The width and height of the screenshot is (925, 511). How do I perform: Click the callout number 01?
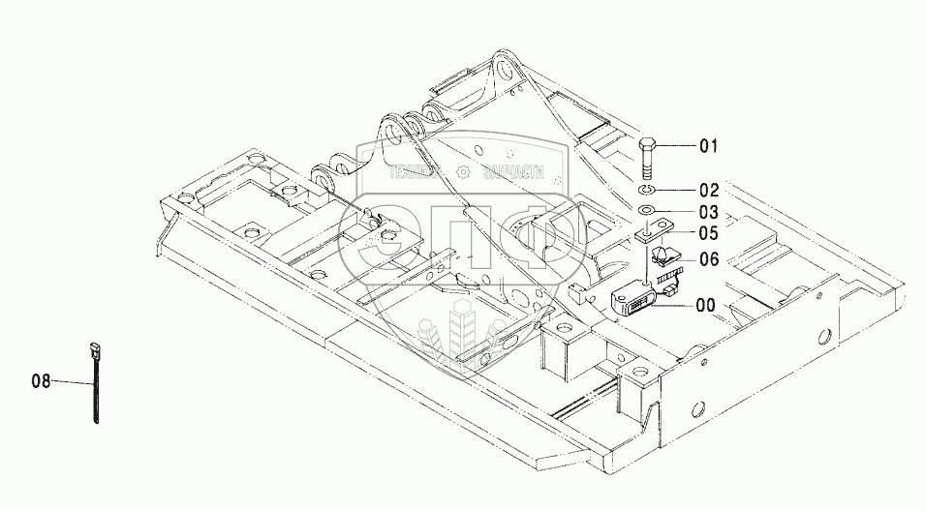click(709, 147)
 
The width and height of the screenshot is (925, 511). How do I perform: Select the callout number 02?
click(709, 190)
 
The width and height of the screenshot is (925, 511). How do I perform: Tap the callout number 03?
click(709, 212)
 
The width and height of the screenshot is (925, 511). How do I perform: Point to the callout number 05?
click(709, 233)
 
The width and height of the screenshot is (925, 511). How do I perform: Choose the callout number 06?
click(709, 259)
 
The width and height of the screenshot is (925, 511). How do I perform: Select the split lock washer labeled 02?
click(648, 189)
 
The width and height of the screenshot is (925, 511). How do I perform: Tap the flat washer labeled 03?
click(648, 211)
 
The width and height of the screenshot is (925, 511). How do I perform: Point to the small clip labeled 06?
click(666, 256)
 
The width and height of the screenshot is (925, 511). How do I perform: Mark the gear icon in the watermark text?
click(462, 172)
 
